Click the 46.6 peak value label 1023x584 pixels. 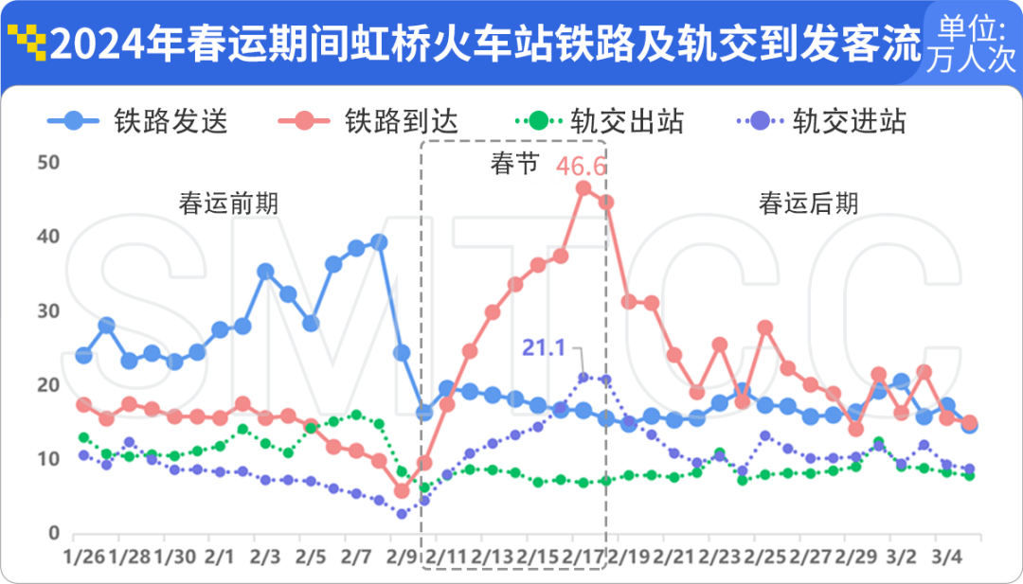click(x=581, y=167)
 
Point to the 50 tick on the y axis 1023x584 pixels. click(x=47, y=163)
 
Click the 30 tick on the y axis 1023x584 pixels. click(x=47, y=311)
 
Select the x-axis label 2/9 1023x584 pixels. click(x=401, y=554)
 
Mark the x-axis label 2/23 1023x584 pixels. click(x=723, y=554)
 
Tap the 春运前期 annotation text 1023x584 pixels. click(x=228, y=203)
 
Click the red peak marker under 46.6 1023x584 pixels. click(x=583, y=187)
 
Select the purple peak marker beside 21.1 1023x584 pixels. click(x=584, y=378)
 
